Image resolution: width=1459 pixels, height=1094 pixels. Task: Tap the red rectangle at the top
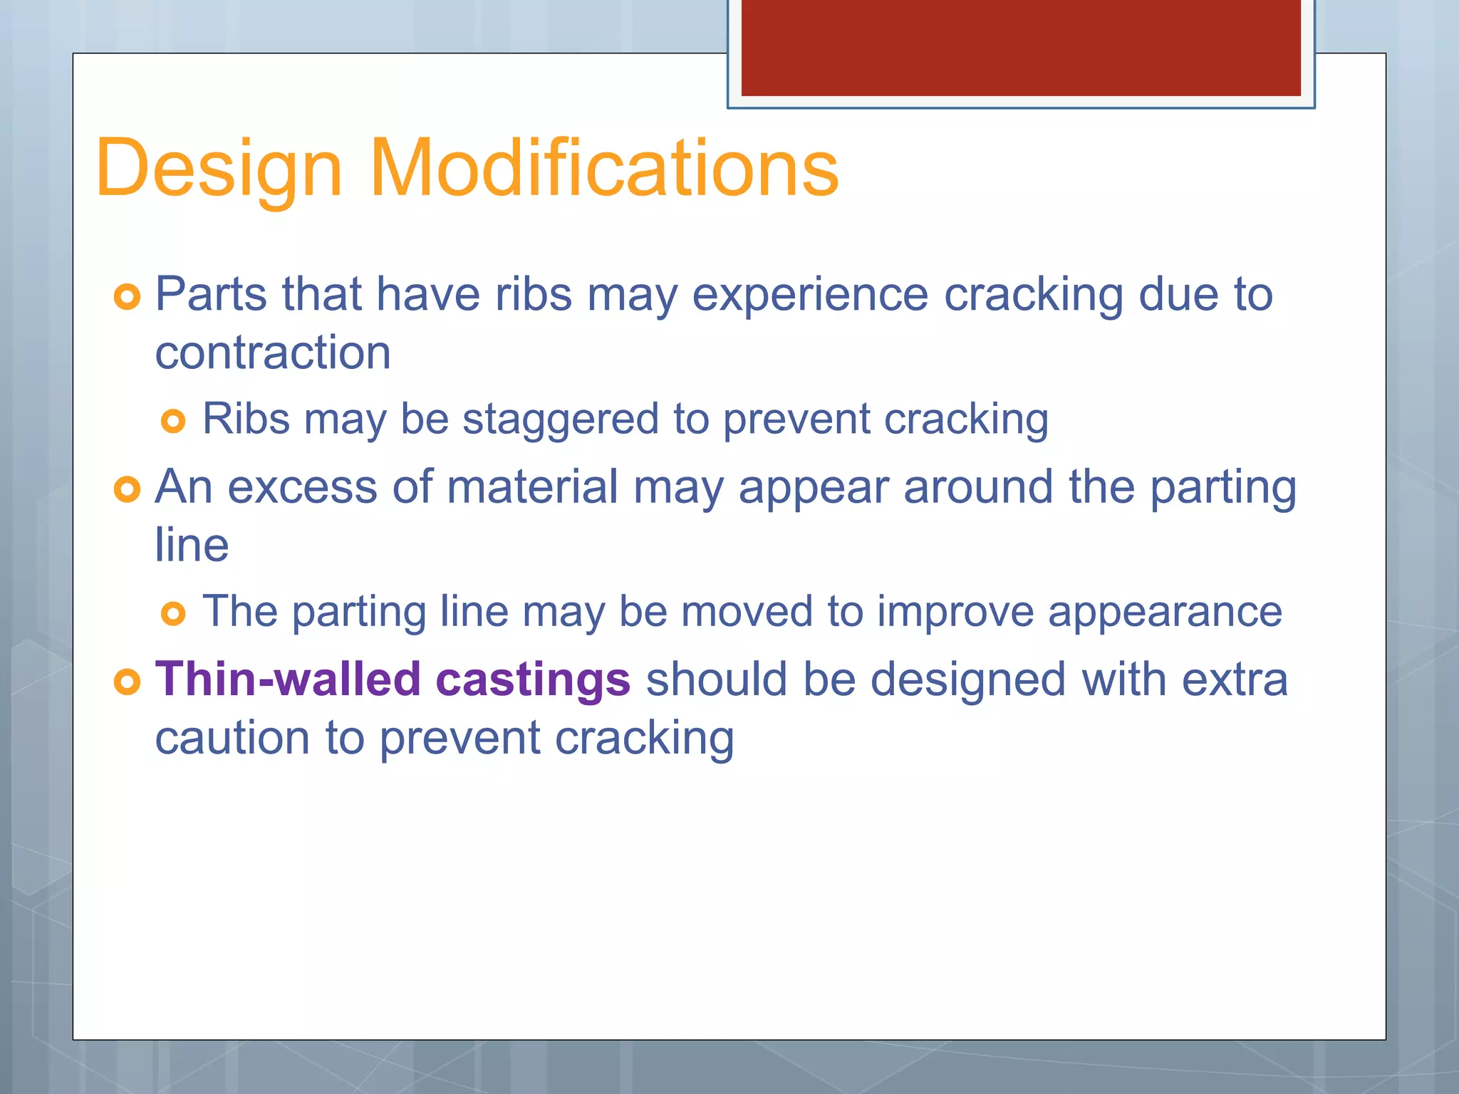pyautogui.click(x=1020, y=47)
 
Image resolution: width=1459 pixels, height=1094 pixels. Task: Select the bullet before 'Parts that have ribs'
pyautogui.click(x=128, y=296)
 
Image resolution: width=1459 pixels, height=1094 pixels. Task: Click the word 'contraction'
pyautogui.click(x=273, y=353)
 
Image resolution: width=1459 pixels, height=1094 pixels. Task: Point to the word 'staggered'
pyautogui.click(x=561, y=419)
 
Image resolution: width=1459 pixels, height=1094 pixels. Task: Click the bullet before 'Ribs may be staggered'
pyautogui.click(x=173, y=421)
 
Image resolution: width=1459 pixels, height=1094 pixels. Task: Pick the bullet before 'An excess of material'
pyautogui.click(x=128, y=489)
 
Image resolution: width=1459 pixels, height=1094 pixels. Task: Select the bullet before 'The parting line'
pyautogui.click(x=173, y=613)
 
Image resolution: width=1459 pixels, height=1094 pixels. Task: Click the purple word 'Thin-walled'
pyautogui.click(x=287, y=679)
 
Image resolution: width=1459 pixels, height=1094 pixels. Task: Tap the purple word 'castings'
pyautogui.click(x=532, y=680)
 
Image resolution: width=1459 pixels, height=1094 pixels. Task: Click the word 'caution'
pyautogui.click(x=232, y=738)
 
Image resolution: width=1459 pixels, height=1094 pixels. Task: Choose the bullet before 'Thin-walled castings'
pyautogui.click(x=128, y=682)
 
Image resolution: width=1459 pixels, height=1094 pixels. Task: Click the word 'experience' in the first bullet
pyautogui.click(x=810, y=296)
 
